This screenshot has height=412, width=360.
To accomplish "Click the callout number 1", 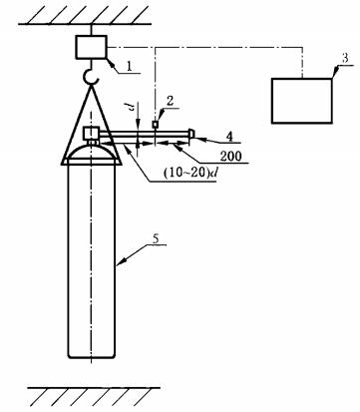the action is (129, 66).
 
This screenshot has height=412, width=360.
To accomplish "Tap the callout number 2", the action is (170, 102).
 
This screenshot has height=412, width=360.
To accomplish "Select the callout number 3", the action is (345, 58).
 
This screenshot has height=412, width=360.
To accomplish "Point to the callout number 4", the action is (230, 136).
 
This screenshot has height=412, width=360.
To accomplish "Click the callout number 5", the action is (156, 238).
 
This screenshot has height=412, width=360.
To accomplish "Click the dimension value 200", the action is (231, 156).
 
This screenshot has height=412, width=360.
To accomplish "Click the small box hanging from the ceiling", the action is (92, 47).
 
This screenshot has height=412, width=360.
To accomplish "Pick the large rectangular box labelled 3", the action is (302, 101).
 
